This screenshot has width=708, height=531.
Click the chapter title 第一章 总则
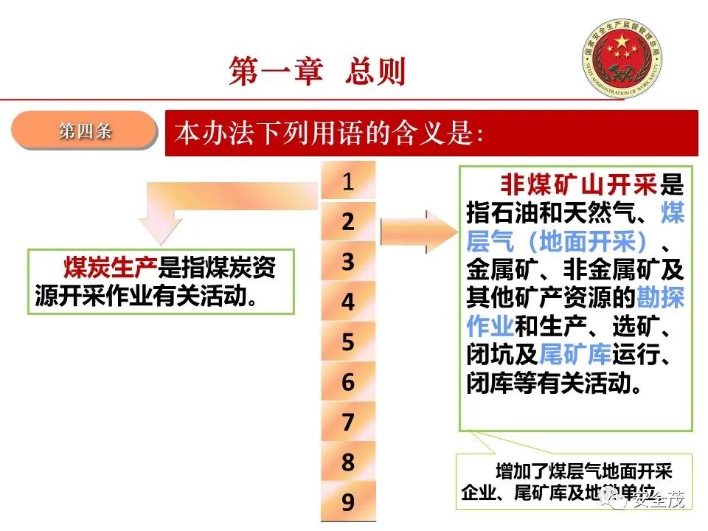pos(317,72)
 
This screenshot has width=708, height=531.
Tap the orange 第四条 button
pos(86,131)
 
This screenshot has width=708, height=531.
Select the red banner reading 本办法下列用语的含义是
pos(431,133)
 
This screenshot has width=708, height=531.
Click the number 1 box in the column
pos(348,181)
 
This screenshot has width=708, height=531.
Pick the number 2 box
pos(348,221)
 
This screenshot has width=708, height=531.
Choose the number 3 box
pos(348,261)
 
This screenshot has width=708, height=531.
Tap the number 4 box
pos(348,302)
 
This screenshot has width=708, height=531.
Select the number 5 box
pos(348,341)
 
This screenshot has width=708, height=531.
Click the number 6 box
pos(348,381)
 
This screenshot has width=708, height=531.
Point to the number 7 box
pos(348,422)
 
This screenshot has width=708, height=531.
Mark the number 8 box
pos(348,462)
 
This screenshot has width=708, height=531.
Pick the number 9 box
pos(348,502)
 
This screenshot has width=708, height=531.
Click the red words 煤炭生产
pos(111,268)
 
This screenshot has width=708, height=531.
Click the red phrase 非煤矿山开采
pos(580,184)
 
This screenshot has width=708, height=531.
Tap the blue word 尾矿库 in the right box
pos(575,355)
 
